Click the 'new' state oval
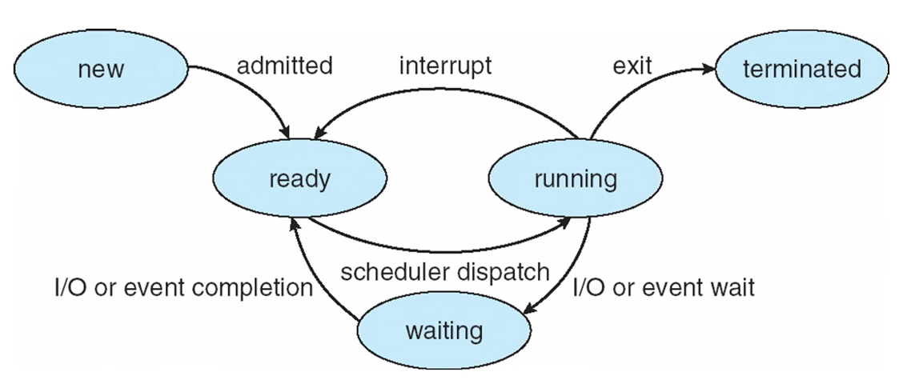(x=101, y=69)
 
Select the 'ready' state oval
(x=299, y=178)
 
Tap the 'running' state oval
(x=576, y=178)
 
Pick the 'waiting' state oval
(x=444, y=331)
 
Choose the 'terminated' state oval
(x=802, y=69)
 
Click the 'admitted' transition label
(x=284, y=66)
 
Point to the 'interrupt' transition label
(x=445, y=66)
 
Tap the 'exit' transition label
(x=632, y=66)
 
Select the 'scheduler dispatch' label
(x=444, y=272)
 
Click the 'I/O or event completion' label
(x=183, y=287)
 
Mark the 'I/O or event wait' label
(x=664, y=287)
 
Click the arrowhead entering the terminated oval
(x=708, y=68)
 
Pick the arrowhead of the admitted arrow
(x=285, y=130)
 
